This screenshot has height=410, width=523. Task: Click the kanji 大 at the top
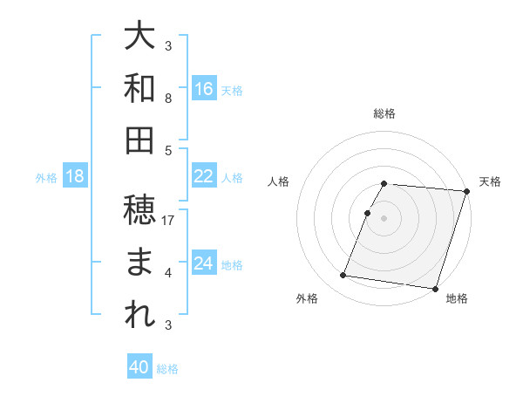click(x=140, y=38)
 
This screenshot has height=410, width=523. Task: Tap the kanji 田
click(x=140, y=140)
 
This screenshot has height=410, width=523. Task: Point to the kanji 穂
click(x=140, y=208)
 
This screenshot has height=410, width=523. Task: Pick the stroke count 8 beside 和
click(x=168, y=99)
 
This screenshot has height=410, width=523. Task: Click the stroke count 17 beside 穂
click(x=169, y=221)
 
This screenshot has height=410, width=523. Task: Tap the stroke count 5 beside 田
click(x=168, y=151)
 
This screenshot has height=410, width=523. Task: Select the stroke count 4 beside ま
click(x=168, y=273)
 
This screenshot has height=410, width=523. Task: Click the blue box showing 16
click(x=203, y=88)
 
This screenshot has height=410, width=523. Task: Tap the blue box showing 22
click(x=203, y=176)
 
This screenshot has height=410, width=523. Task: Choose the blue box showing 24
click(x=203, y=263)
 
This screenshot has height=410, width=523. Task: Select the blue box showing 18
click(x=75, y=176)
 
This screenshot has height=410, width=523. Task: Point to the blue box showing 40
click(x=139, y=367)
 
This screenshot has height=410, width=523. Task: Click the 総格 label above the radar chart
click(x=384, y=113)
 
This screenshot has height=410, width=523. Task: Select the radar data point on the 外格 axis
click(x=343, y=276)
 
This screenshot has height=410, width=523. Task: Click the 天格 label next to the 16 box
click(x=232, y=90)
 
